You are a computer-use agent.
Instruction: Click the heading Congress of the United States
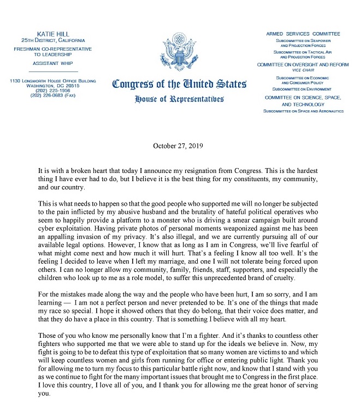(x=179, y=85)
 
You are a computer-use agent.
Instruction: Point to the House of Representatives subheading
(x=179, y=99)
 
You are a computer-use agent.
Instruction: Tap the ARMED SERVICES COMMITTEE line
(x=303, y=34)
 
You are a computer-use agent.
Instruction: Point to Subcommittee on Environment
(x=303, y=89)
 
